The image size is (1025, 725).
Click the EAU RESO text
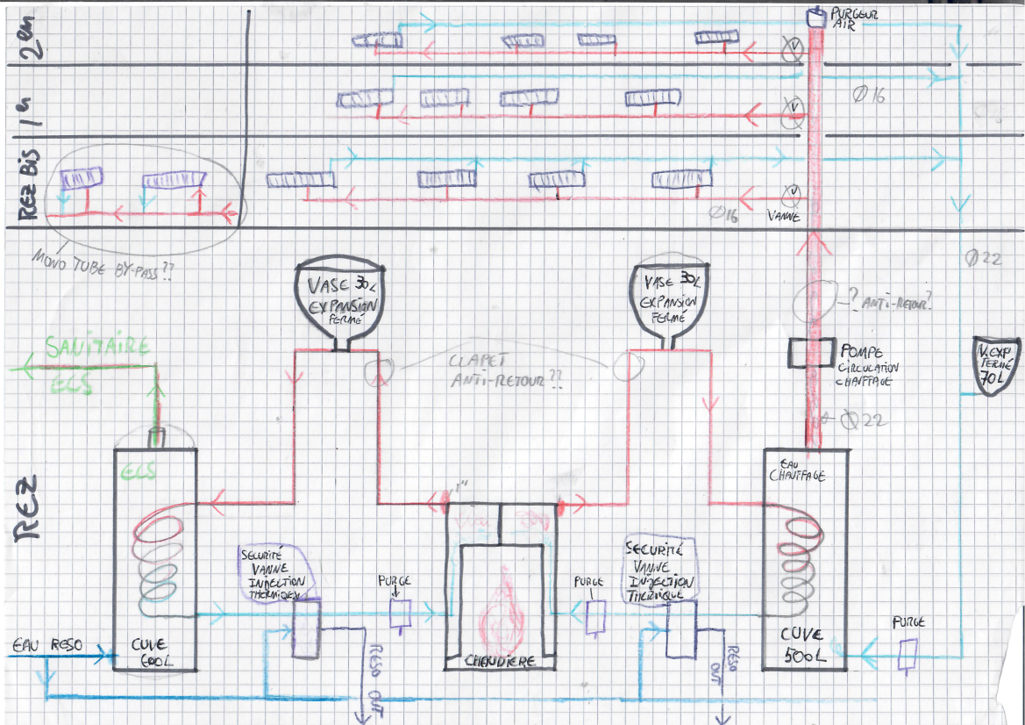tap(47, 644)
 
